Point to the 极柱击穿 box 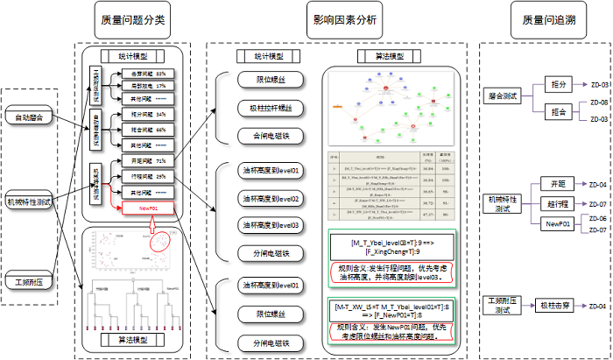[x=558, y=305]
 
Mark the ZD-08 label [x=599, y=102]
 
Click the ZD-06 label [x=599, y=217]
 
